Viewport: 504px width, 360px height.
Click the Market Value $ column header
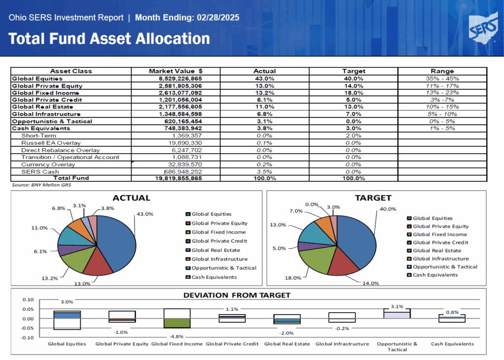click(x=176, y=71)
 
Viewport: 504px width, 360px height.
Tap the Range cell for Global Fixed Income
click(x=442, y=93)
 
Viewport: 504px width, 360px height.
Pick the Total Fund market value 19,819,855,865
click(x=178, y=178)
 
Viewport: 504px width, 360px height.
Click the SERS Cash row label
click(x=40, y=172)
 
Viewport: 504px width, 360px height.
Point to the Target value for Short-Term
click(x=353, y=135)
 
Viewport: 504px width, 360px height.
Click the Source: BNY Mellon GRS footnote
click(x=41, y=185)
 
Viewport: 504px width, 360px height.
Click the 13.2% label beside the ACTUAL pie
click(x=50, y=278)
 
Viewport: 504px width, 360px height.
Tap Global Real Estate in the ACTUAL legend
click(x=216, y=250)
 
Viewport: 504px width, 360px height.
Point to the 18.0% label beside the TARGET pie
click(x=293, y=278)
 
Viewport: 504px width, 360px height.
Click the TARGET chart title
click(x=373, y=198)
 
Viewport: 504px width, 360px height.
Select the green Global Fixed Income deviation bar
click(x=177, y=323)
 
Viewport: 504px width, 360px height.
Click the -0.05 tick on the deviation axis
click(x=28, y=328)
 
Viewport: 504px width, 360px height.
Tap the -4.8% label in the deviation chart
click(x=177, y=336)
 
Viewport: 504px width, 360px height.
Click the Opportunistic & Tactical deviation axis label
click(x=397, y=347)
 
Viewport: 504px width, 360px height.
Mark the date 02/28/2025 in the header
click(x=218, y=17)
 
